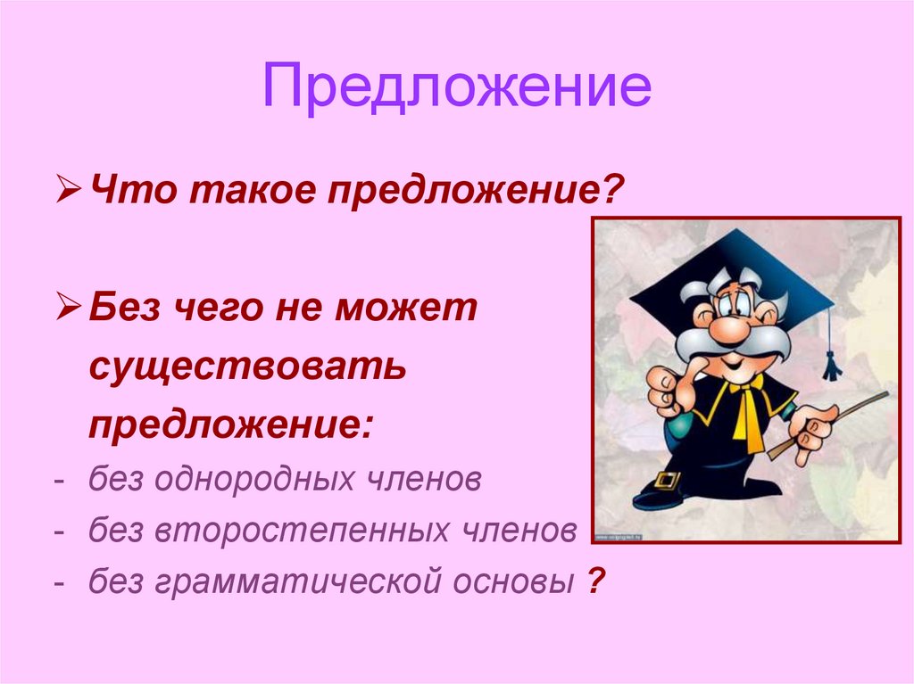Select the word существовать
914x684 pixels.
[247, 367]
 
